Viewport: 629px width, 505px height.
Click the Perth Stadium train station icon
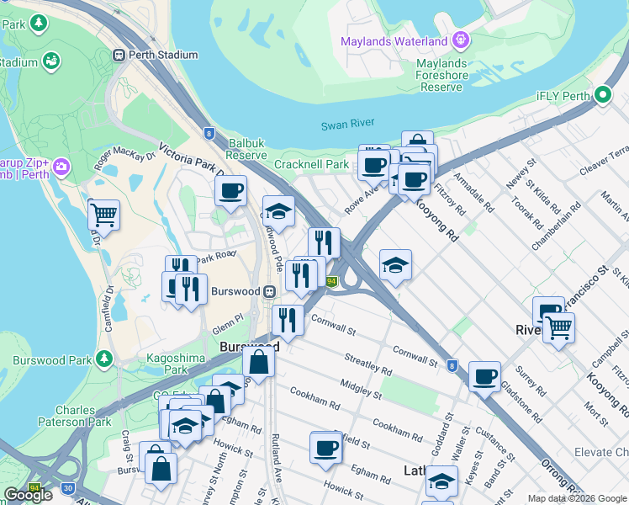pyautogui.click(x=119, y=55)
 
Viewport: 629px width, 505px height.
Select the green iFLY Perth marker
pyautogui.click(x=602, y=95)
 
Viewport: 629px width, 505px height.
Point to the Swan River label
pyautogui.click(x=347, y=125)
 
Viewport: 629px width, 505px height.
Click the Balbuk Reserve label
pyautogui.click(x=247, y=149)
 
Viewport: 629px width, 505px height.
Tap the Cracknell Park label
pyautogui.click(x=310, y=164)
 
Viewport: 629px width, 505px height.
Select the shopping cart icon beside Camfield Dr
pyautogui.click(x=103, y=215)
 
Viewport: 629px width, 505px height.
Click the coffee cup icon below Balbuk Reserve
pyautogui.click(x=230, y=190)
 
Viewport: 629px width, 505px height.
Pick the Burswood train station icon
pyautogui.click(x=270, y=292)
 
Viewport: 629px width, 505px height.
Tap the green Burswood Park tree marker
pyautogui.click(x=104, y=359)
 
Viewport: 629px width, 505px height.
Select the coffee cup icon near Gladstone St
pyautogui.click(x=484, y=376)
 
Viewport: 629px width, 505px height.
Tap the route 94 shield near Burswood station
pyautogui.click(x=332, y=282)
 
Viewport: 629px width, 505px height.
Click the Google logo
pyautogui.click(x=29, y=495)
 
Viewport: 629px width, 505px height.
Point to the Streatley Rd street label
pyautogui.click(x=367, y=364)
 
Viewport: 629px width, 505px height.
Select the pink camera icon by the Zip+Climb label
pyautogui.click(x=60, y=167)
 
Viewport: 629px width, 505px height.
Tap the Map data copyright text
pyautogui.click(x=577, y=498)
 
